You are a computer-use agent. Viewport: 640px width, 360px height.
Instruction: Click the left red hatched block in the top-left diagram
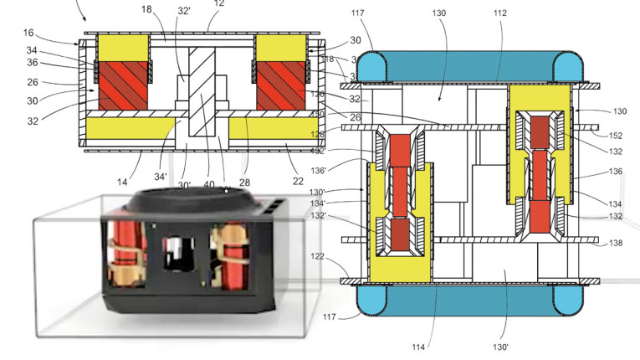pos(123,84)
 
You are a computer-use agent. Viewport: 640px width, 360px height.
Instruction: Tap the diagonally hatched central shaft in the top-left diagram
pos(201,92)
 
